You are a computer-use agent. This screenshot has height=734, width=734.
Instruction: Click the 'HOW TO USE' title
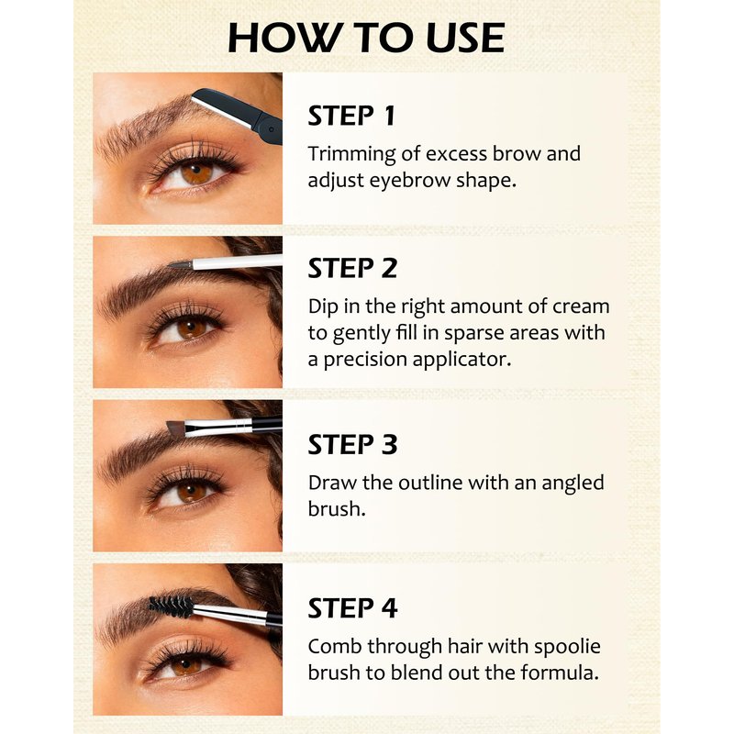[x=366, y=38]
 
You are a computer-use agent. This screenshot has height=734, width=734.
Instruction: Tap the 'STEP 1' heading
[x=351, y=116]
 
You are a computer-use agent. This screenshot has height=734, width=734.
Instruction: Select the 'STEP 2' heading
[x=352, y=268]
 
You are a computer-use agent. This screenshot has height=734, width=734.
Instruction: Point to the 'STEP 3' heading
[x=352, y=444]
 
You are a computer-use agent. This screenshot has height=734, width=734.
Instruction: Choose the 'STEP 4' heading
[x=352, y=608]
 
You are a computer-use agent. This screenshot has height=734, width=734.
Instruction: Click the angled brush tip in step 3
[x=176, y=428]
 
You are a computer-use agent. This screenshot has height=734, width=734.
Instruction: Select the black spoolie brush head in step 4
[x=171, y=606]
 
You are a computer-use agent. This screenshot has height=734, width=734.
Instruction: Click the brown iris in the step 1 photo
[x=197, y=172]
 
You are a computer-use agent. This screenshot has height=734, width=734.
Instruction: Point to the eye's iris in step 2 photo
[x=192, y=328]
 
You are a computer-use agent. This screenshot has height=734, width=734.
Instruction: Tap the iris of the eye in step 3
[x=192, y=492]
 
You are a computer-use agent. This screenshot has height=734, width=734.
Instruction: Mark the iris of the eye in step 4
[x=186, y=663]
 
